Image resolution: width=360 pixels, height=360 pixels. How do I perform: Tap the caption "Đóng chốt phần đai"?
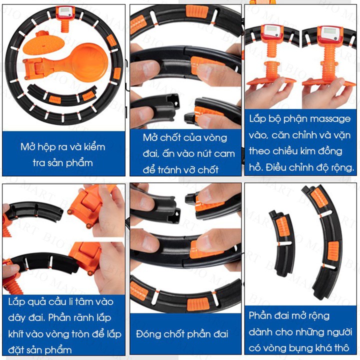pos(182,333)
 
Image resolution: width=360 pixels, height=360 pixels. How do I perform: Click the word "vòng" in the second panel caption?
pos(213,138)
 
